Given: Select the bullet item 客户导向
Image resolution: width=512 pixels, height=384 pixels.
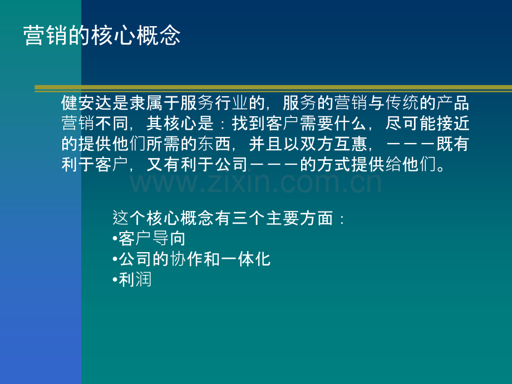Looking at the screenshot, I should coord(151,239).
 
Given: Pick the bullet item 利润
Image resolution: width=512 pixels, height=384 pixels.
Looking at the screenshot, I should coord(134,279).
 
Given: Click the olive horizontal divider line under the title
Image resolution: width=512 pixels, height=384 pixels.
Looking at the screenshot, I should coord(273,88).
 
